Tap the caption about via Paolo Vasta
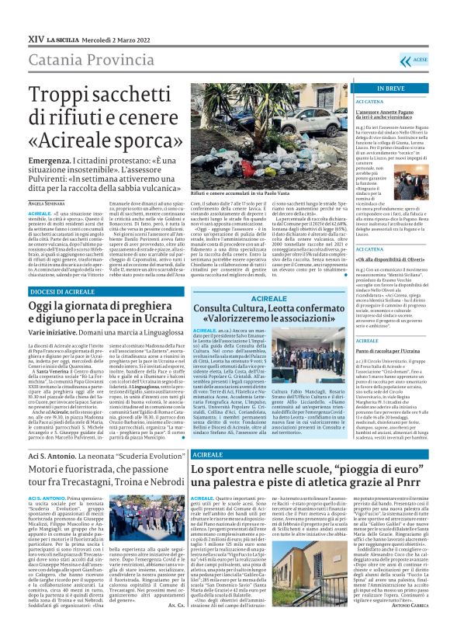coord(237,191)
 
